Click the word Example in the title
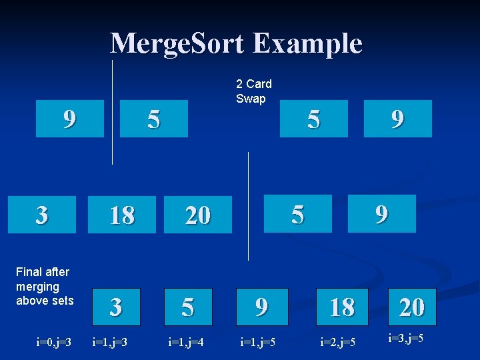[308, 44]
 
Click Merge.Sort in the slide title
[179, 44]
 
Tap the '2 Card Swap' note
[254, 91]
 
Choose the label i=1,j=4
[185, 343]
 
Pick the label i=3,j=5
[406, 338]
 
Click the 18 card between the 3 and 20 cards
[122, 215]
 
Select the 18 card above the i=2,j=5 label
[342, 307]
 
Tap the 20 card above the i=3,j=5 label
[411, 307]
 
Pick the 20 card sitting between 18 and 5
[198, 215]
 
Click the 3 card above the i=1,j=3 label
[116, 307]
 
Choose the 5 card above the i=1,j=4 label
[188, 307]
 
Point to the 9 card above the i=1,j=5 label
[261, 307]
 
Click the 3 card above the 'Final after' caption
[41, 215]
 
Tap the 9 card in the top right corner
[397, 119]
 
